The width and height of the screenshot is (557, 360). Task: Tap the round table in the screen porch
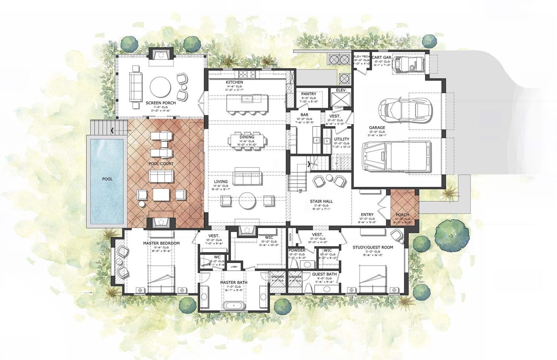[160, 87]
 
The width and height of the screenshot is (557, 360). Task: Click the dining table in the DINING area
[247, 140]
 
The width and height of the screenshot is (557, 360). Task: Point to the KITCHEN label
[234, 82]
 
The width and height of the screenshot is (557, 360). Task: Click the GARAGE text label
[377, 128]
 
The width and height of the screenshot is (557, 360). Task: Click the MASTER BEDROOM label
[161, 243]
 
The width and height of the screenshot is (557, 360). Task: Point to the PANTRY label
[309, 94]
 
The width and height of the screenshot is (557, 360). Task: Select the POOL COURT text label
[161, 163]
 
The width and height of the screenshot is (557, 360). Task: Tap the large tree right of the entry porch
[451, 235]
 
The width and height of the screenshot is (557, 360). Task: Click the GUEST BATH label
[324, 274]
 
